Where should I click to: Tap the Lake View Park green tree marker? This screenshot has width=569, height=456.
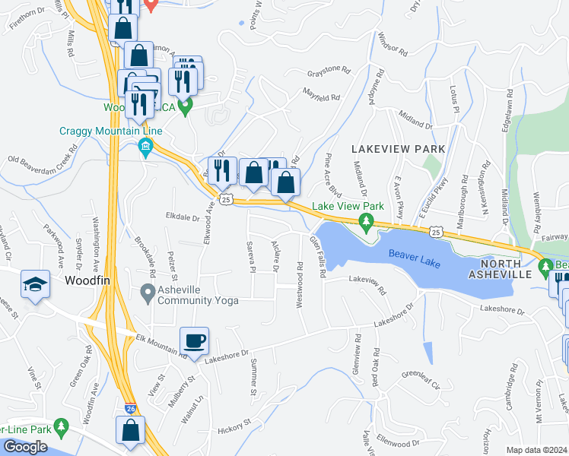click(x=367, y=223)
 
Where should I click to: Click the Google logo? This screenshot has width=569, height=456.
click(x=25, y=447)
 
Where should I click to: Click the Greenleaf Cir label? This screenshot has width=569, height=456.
click(x=421, y=380)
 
